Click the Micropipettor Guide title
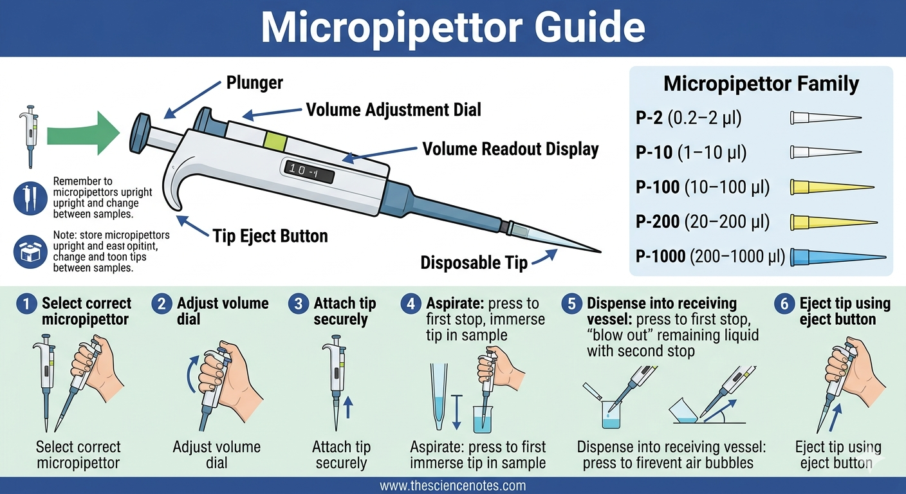(x=452, y=28)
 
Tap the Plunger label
(x=254, y=82)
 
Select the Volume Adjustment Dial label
(x=393, y=110)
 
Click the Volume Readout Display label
(x=510, y=150)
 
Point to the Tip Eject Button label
(x=270, y=236)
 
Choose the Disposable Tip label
(x=474, y=262)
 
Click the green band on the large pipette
(x=275, y=140)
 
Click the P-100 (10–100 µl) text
(x=703, y=187)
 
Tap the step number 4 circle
(x=411, y=304)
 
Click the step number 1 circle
(x=26, y=304)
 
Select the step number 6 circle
(x=783, y=304)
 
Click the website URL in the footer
(x=452, y=486)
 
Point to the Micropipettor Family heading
(x=761, y=84)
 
